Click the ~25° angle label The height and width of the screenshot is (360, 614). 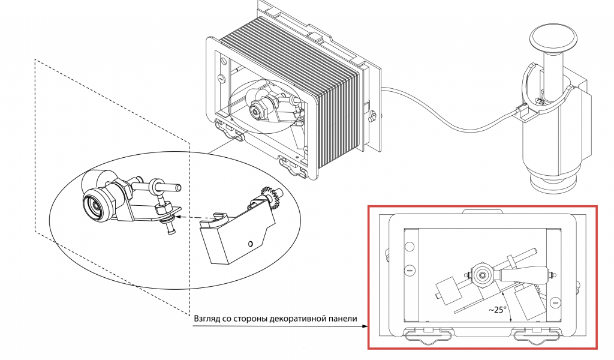[497, 310]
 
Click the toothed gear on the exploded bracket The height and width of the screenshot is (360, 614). [269, 194]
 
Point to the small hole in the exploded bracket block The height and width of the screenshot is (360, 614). [250, 244]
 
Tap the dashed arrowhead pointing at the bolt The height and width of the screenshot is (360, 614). [177, 217]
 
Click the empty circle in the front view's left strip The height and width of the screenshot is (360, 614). [410, 247]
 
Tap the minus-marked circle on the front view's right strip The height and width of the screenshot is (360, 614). [555, 302]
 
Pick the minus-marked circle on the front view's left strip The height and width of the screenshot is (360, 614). [410, 270]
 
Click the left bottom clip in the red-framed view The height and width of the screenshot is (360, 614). [429, 334]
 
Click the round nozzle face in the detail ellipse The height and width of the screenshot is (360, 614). [94, 203]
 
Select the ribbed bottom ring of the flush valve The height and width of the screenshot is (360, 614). [553, 183]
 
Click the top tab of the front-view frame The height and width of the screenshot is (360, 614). [483, 212]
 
